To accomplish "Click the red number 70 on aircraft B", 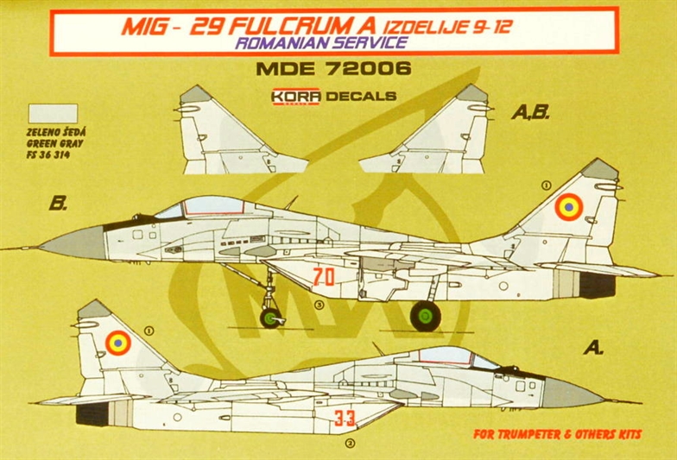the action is click(x=324, y=277).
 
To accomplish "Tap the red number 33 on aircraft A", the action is click(x=345, y=418).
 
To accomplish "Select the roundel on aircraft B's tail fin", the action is click(x=568, y=207).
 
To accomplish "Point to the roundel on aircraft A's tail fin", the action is click(x=117, y=343).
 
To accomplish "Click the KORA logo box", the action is click(x=295, y=97).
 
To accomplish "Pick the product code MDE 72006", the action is click(x=333, y=69).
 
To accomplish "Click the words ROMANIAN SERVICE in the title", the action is click(x=321, y=42).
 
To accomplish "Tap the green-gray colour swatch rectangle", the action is click(x=53, y=114).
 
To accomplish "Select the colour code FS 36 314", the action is click(x=48, y=155).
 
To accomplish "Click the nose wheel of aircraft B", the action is click(x=270, y=318).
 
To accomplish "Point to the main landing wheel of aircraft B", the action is click(x=425, y=316).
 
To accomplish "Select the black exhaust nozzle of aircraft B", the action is click(x=598, y=285).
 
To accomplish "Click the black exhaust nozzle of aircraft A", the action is click(x=92, y=414).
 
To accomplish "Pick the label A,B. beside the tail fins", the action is click(x=530, y=113).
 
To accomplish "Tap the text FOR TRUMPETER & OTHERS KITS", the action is click(x=558, y=433).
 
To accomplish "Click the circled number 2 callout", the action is click(x=351, y=444).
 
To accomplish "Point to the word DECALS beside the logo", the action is click(x=361, y=97).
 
